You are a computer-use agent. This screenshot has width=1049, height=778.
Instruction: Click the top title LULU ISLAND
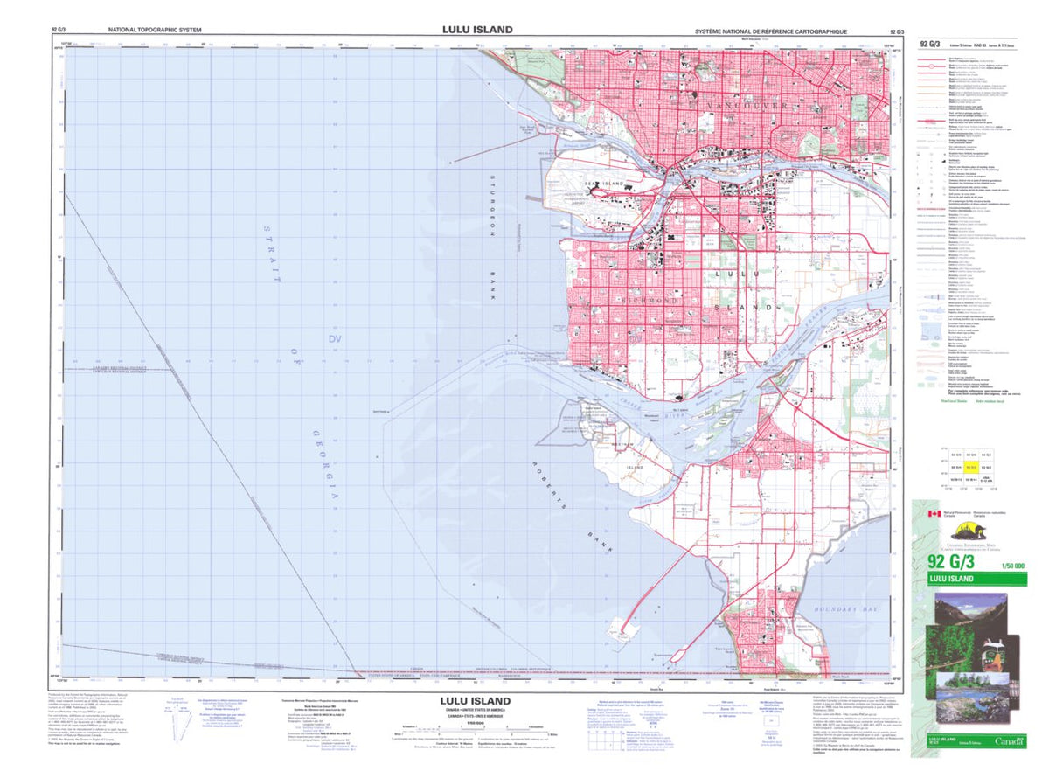[x=476, y=29]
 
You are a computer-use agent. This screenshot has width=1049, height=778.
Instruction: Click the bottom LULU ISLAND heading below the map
[x=476, y=701]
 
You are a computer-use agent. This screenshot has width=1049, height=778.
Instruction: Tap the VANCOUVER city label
[x=742, y=105]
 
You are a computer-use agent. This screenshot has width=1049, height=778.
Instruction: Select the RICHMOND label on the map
[x=650, y=302]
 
